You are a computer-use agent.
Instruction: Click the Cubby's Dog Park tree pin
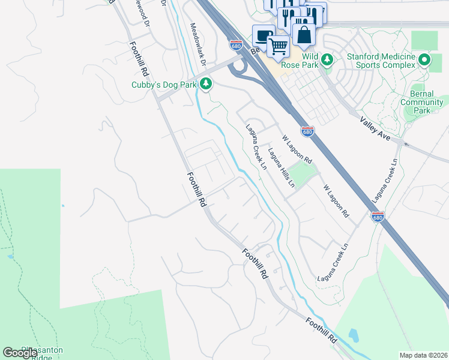point(206,83)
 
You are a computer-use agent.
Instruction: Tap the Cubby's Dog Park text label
point(164,85)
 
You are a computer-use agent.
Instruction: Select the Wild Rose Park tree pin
point(327,59)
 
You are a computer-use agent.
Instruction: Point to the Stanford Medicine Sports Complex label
point(381,61)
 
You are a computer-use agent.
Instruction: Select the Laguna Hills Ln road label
point(282,167)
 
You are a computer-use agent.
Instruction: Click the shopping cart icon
point(278,46)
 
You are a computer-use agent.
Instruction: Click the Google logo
point(20,353)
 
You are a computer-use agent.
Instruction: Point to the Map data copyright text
point(423,355)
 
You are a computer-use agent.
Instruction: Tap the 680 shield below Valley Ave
point(378,217)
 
